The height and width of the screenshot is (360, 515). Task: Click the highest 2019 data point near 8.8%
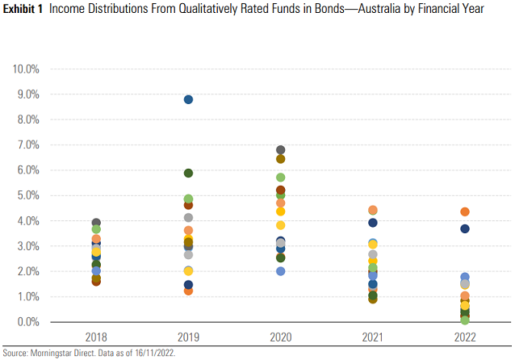click(x=188, y=99)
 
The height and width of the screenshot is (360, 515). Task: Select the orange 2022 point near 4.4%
click(x=465, y=211)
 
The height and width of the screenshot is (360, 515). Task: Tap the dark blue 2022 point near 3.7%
click(x=465, y=229)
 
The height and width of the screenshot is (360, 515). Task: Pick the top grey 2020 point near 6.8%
click(x=281, y=150)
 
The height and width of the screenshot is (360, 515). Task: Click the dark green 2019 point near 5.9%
click(x=188, y=173)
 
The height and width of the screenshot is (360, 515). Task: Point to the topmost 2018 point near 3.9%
click(x=96, y=223)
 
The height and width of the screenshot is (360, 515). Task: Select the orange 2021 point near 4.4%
click(x=373, y=211)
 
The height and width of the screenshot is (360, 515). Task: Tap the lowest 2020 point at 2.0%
click(x=281, y=271)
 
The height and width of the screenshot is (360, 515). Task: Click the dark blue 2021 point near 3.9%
click(x=373, y=223)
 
